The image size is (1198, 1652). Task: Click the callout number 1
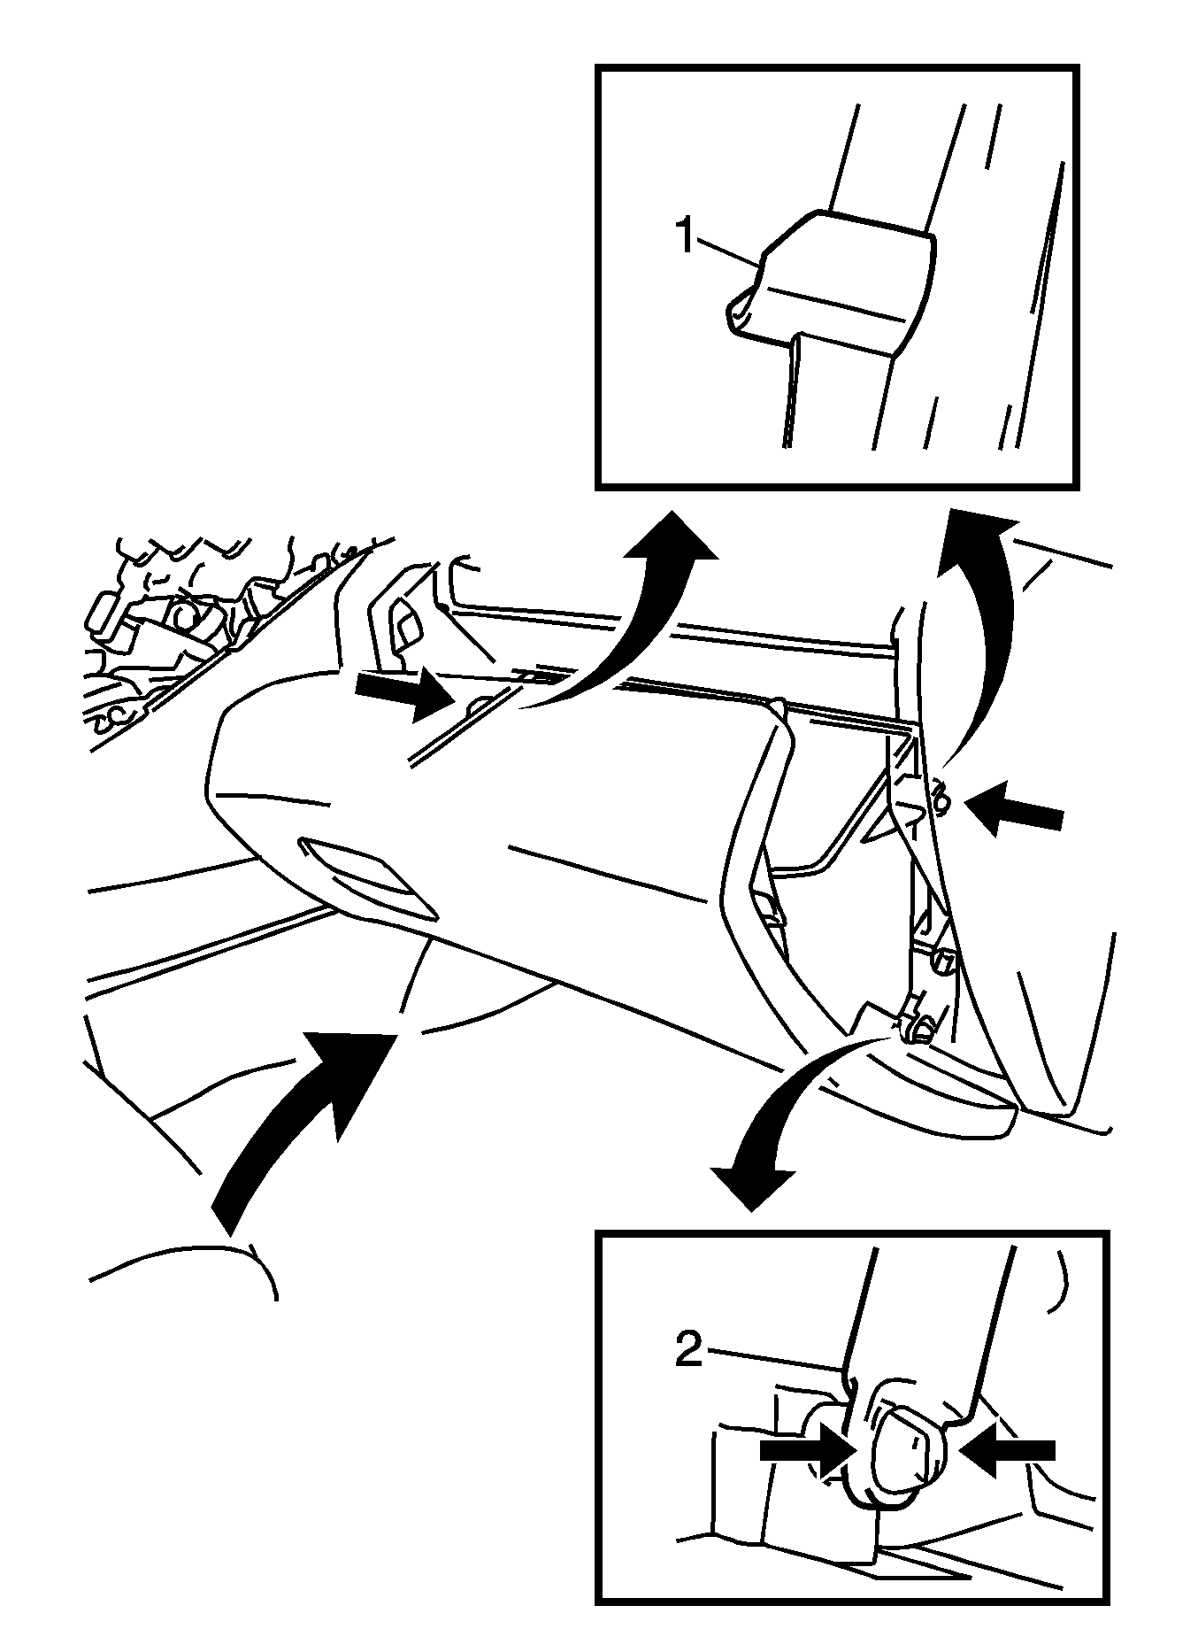coord(686,236)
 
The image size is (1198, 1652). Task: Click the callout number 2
coord(689,1350)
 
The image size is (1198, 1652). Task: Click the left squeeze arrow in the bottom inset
coord(805,1449)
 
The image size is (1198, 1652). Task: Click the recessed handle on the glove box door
coord(367,876)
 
